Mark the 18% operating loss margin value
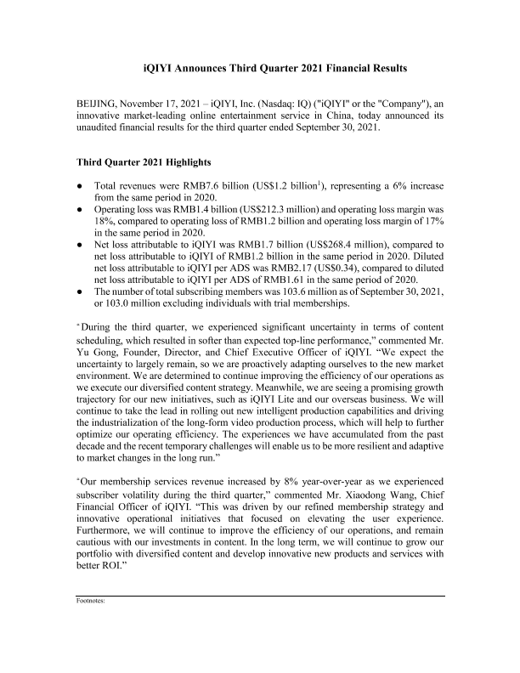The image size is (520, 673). [105, 218]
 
